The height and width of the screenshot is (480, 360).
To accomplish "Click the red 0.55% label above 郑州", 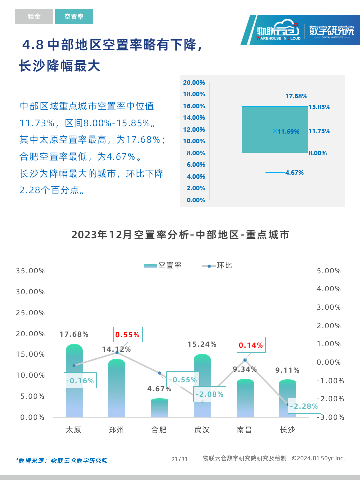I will tap(127, 335).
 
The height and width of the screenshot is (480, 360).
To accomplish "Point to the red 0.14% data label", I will tap(250, 345).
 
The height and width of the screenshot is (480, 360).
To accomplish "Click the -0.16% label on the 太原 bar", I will tap(79, 381).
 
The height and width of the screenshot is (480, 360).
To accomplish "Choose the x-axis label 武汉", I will tap(202, 430).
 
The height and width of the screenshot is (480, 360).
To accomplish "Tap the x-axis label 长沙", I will tap(287, 430).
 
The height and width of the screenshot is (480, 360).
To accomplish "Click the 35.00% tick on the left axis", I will tap(31, 271).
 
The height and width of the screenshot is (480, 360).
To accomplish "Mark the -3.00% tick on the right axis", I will tap(329, 417).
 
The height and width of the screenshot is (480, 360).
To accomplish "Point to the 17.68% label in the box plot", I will tap(296, 96).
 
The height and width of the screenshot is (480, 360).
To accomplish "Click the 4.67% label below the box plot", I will tap(294, 172).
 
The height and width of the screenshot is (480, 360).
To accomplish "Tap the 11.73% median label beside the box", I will tap(319, 131).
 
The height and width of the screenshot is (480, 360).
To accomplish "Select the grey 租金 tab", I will tap(34, 17).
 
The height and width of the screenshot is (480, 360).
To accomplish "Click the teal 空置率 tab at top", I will tap(74, 17).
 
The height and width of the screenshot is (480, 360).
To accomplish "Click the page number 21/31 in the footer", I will tap(179, 459).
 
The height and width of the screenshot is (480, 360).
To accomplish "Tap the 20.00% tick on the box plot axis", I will tap(194, 83).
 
